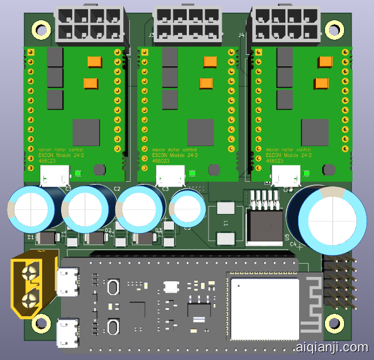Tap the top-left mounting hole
point(41,27)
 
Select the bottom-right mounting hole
point(333,324)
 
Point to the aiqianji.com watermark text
point(331,347)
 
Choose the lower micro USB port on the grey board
point(68,333)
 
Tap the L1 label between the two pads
point(226,223)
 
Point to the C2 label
point(117,189)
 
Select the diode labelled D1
point(47,238)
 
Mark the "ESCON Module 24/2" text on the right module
point(288,156)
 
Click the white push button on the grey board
point(171,286)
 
